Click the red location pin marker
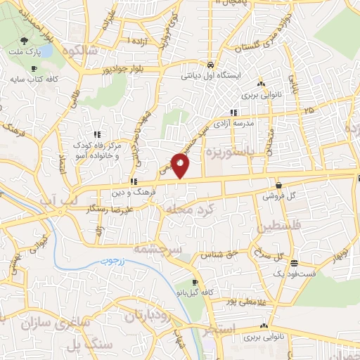181,165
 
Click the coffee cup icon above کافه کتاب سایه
34,68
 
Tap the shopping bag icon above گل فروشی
279,186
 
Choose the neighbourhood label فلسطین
262,226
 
